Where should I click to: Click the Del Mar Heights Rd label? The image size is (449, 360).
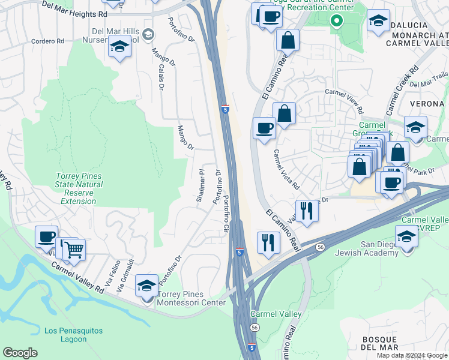pyautogui.click(x=74, y=8)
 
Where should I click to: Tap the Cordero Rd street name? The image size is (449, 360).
pyautogui.click(x=47, y=41)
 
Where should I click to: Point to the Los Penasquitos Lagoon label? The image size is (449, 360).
pyautogui.click(x=73, y=334)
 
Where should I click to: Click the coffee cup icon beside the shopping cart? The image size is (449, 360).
pyautogui.click(x=47, y=236)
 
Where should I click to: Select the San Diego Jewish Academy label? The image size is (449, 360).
pyautogui.click(x=388, y=248)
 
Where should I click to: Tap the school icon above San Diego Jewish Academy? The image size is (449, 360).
pyautogui.click(x=407, y=236)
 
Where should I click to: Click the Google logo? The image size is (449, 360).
pyautogui.click(x=20, y=353)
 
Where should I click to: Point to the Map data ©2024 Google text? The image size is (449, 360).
pyautogui.click(x=411, y=355)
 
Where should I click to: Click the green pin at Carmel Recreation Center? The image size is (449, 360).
pyautogui.click(x=337, y=22)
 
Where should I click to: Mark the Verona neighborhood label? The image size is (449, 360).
pyautogui.click(x=426, y=103)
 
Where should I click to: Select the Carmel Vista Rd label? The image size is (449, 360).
pyautogui.click(x=286, y=170)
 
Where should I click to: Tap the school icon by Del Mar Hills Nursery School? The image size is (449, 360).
pyautogui.click(x=119, y=46)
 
